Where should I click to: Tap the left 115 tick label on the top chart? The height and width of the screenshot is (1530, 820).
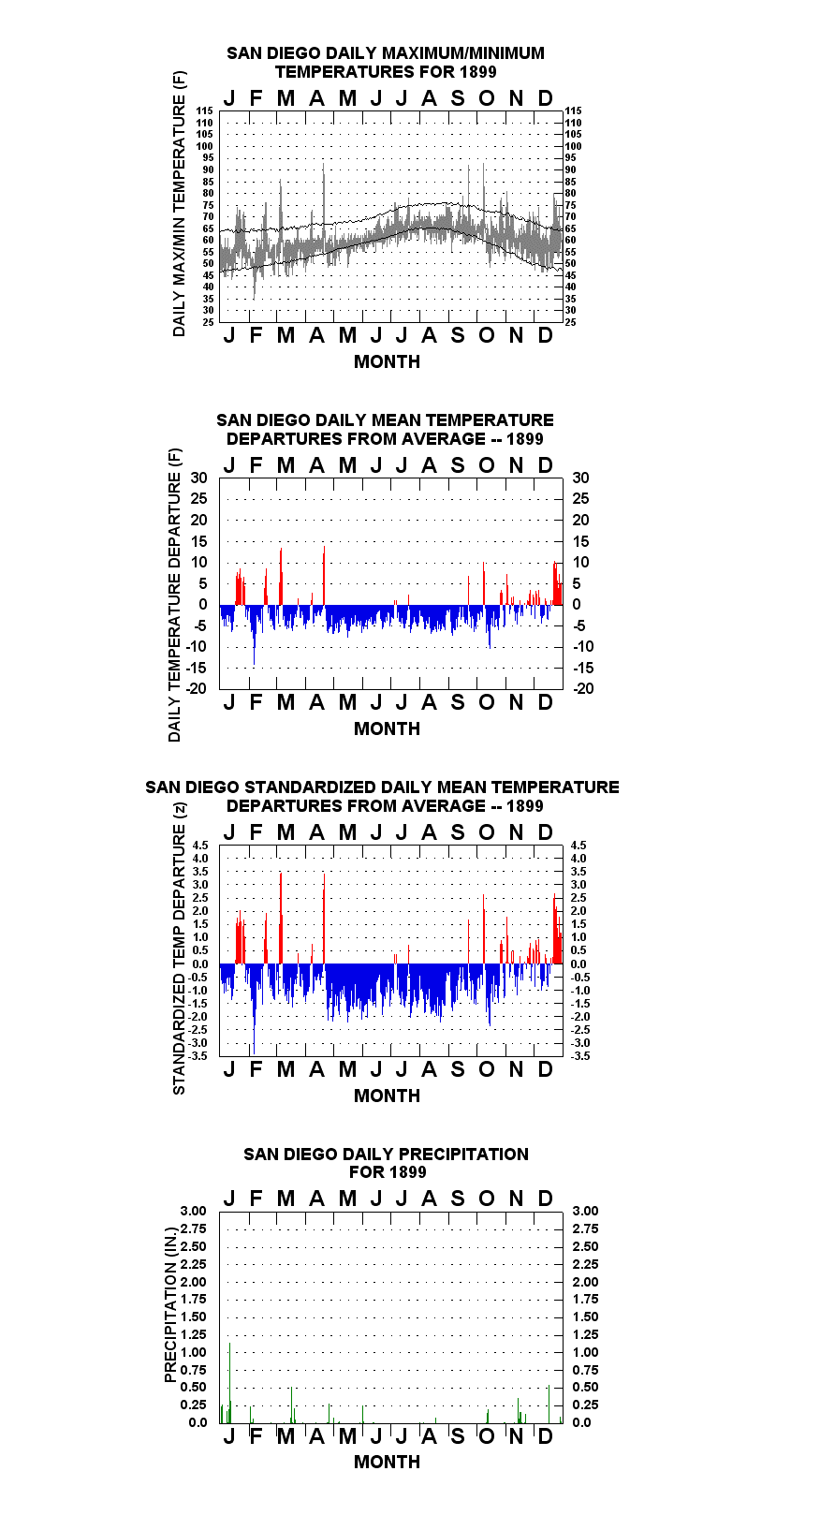205,110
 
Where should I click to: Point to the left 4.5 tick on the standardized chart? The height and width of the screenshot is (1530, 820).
200,845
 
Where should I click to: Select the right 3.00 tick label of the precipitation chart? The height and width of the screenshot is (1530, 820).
585,1211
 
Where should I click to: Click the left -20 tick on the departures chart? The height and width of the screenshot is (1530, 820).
197,688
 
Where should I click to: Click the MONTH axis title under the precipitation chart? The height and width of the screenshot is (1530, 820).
388,1462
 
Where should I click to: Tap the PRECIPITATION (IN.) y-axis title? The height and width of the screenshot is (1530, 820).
170,1305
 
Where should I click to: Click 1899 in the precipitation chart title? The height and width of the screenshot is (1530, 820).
407,1172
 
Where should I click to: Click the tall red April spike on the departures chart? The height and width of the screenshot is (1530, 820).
324,575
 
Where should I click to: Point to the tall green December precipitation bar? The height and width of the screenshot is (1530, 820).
549,1405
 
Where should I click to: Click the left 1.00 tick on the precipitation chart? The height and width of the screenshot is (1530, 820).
193,1352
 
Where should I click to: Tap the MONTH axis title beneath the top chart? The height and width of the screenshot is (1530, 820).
388,361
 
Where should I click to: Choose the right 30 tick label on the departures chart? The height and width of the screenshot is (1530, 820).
580,478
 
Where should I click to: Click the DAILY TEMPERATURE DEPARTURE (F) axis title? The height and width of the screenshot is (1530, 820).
175,595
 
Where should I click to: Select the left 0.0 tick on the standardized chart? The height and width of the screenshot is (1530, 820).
200,964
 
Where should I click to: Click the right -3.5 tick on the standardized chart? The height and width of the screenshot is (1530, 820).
580,1056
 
